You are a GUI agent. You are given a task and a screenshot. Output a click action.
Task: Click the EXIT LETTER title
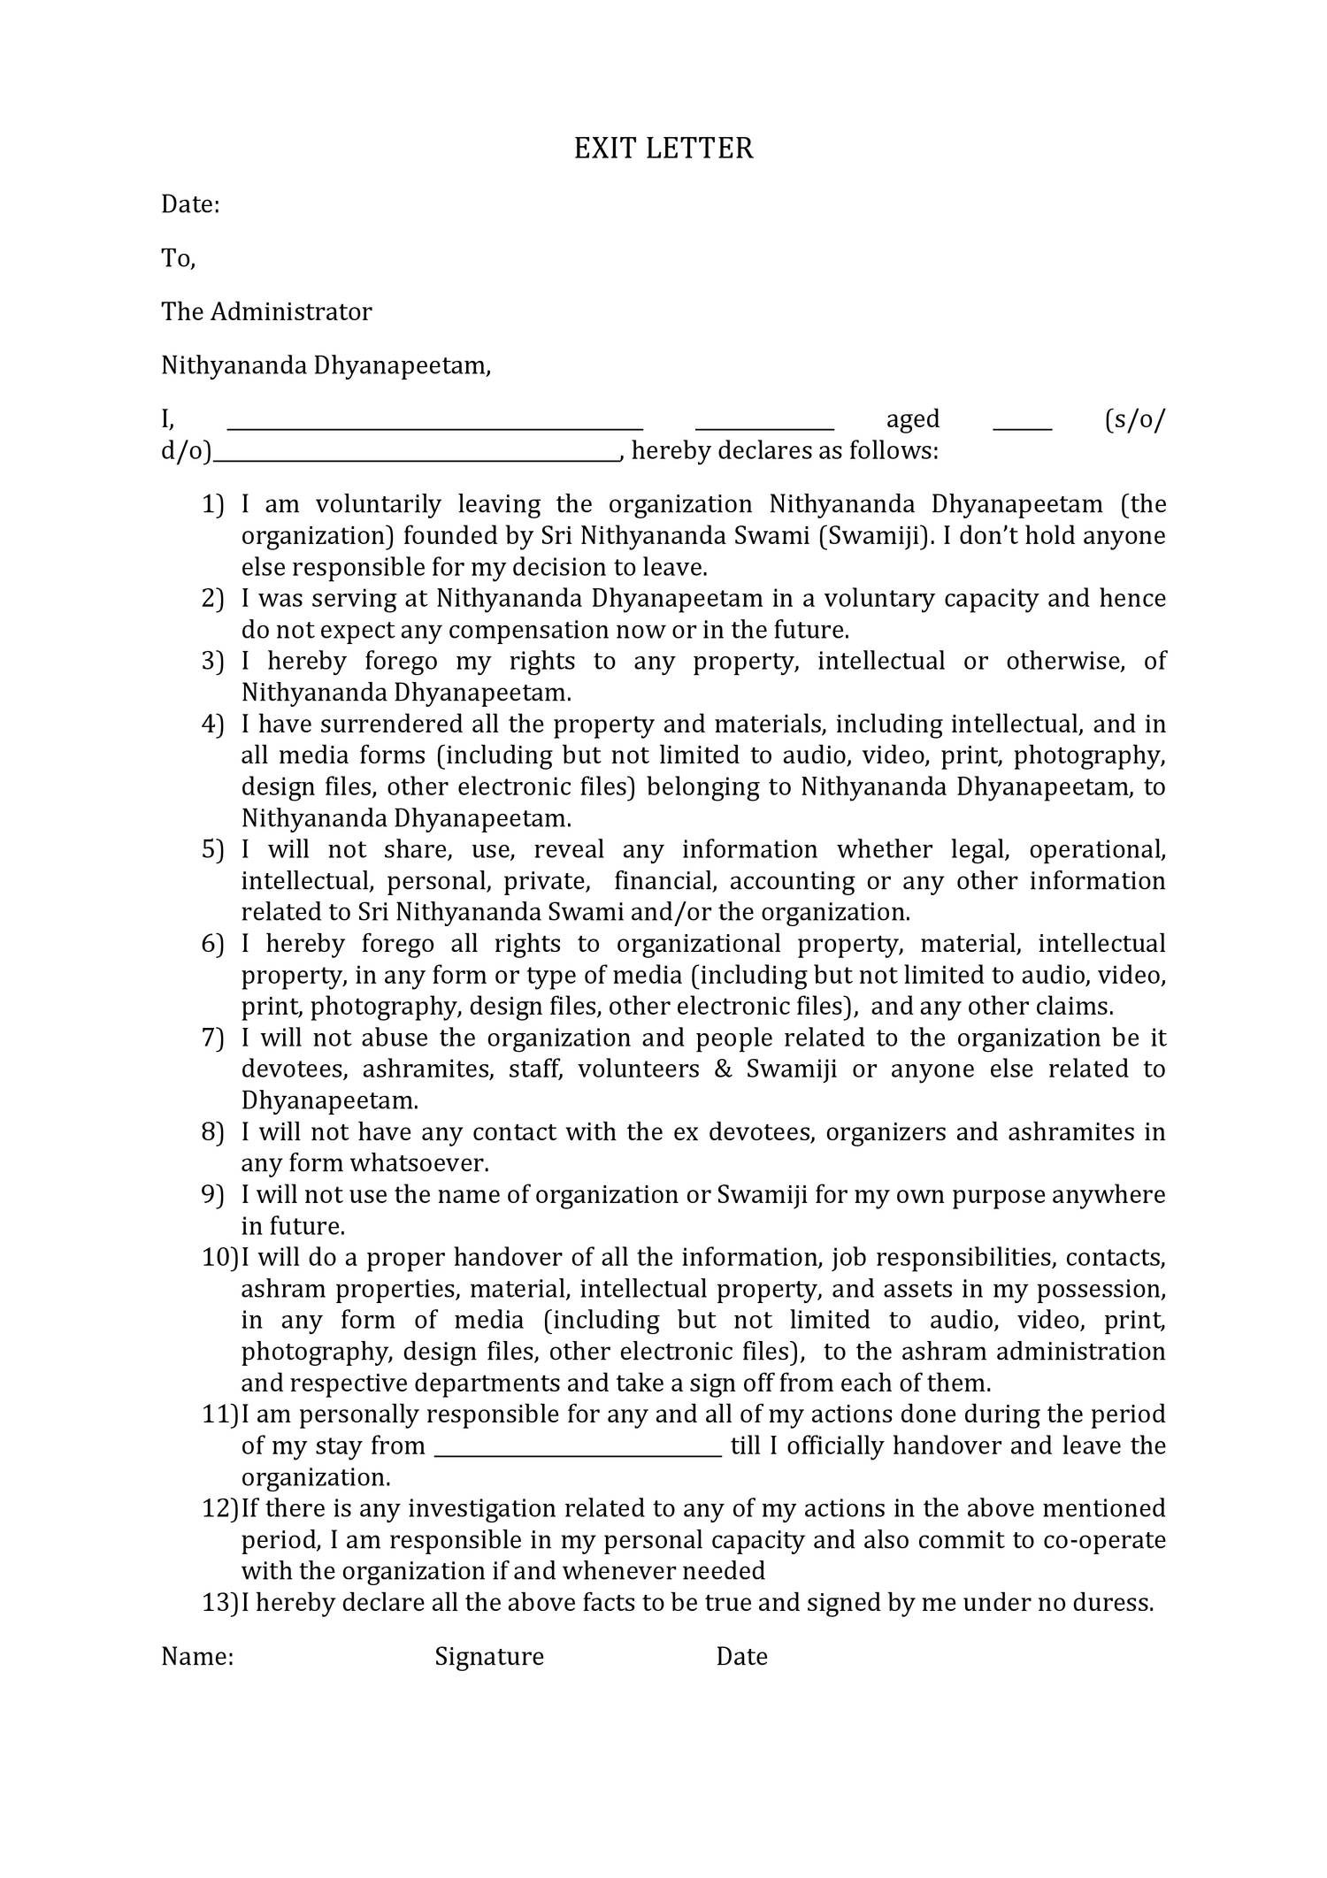pos(663,149)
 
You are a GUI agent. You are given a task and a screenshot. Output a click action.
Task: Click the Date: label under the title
pos(190,204)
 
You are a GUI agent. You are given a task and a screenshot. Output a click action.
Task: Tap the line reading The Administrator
pos(266,311)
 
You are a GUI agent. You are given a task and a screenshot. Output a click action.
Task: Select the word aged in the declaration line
pos(913,418)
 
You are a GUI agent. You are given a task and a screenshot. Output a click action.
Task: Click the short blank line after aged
pos(1023,427)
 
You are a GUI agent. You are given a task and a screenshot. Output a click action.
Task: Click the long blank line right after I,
pos(435,427)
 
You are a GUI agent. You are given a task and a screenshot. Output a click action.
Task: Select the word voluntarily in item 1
pos(378,504)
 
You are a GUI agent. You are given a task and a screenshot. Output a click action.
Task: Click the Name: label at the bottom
pos(197,1656)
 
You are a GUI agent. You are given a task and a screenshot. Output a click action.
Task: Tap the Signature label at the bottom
pos(489,1656)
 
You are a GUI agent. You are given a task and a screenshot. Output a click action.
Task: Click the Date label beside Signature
pos(741,1656)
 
